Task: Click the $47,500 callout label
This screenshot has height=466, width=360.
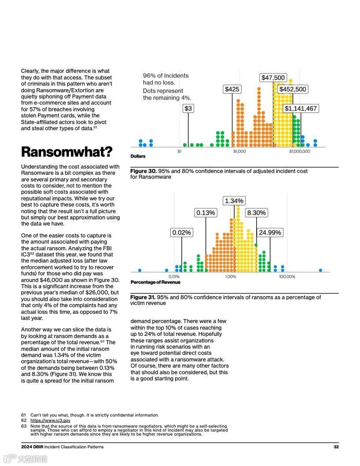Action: pos(274,78)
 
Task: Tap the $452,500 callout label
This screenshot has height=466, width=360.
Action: pos(292,90)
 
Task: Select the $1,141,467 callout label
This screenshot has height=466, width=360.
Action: pos(300,109)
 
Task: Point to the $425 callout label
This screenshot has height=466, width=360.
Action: pos(232,90)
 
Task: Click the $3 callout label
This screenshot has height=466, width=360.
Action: pos(188,109)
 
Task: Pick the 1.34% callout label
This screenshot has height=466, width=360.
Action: pos(234,201)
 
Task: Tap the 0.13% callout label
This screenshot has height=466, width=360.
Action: pos(206,213)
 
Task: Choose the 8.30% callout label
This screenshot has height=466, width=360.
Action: pos(256,213)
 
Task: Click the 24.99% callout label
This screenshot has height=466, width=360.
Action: pos(270,233)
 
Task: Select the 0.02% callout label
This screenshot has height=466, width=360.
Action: pos(182,233)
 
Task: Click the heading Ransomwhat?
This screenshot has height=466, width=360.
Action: pos(67,152)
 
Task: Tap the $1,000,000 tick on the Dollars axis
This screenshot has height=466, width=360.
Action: pos(300,151)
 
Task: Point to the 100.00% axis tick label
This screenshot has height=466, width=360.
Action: pos(287,277)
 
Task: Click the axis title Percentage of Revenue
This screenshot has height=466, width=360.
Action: pos(155,282)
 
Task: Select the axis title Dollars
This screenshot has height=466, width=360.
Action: pos(138,156)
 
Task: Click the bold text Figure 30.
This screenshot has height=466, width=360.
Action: pos(143,171)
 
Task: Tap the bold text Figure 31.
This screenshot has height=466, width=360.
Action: pos(143,297)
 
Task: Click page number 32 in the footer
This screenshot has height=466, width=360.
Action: pos(336,447)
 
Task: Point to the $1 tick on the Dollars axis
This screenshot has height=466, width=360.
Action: pos(179,151)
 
